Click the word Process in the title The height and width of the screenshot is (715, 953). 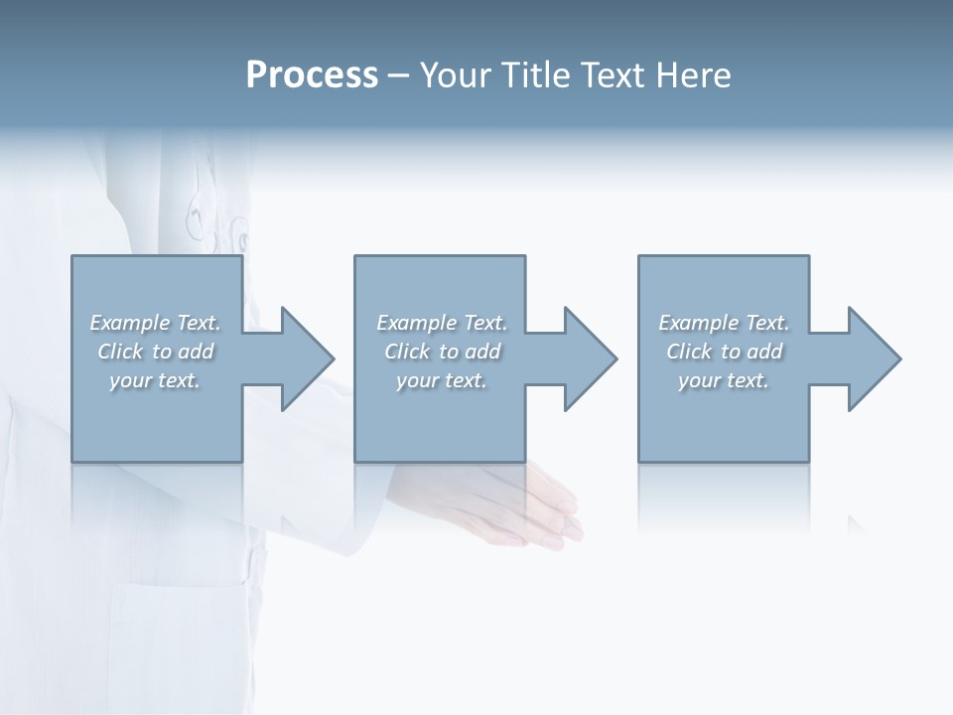[312, 75]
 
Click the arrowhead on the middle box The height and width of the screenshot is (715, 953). [589, 358]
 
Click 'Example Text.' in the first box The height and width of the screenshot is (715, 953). [155, 323]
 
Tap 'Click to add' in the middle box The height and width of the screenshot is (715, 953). [442, 352]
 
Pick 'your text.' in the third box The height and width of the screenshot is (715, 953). [724, 380]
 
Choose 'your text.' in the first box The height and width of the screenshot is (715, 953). [155, 380]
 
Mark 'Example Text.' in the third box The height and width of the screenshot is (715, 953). [724, 323]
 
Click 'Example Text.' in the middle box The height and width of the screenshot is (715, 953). [442, 323]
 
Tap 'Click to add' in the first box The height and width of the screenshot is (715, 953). [155, 352]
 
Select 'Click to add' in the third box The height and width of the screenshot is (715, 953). [724, 352]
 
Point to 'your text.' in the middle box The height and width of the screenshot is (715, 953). [442, 380]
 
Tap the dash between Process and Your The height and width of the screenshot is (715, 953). [397, 76]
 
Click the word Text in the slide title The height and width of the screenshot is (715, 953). [611, 75]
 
